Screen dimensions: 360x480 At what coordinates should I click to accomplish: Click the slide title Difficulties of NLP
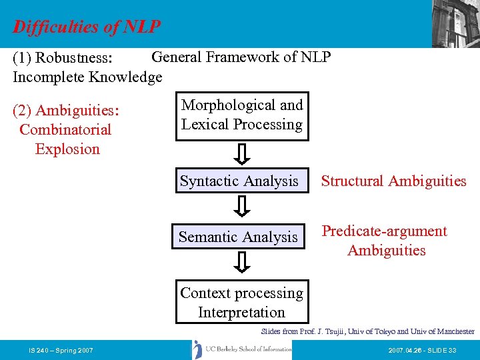click(x=87, y=27)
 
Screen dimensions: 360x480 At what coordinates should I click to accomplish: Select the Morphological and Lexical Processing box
click(x=242, y=115)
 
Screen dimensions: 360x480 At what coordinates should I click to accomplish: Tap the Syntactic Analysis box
click(x=239, y=181)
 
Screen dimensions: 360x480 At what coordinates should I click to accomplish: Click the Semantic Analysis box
click(x=239, y=237)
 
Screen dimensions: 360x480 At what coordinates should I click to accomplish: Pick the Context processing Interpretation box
click(x=241, y=303)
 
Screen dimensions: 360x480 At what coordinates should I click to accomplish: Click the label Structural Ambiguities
click(x=393, y=181)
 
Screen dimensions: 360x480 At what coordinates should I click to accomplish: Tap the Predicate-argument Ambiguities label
click(x=385, y=241)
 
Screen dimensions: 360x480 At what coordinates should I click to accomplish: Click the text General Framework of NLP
click(x=241, y=57)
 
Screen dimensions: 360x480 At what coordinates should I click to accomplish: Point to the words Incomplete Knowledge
click(x=87, y=77)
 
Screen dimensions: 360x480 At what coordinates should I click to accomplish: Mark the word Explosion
click(x=67, y=149)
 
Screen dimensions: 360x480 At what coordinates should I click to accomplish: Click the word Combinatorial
click(x=65, y=130)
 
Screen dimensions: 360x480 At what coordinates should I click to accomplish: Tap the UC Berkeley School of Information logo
click(x=241, y=349)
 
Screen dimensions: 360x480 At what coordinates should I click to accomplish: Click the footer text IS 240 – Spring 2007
click(x=61, y=350)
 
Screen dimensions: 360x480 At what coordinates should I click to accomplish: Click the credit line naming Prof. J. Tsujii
click(x=367, y=331)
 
